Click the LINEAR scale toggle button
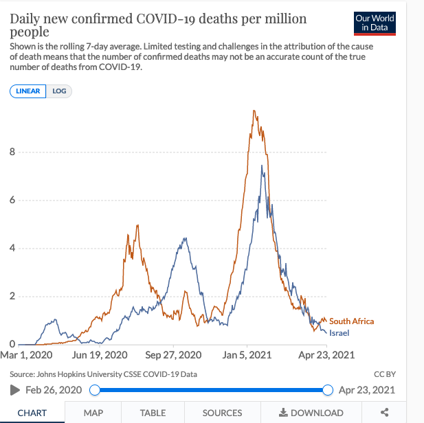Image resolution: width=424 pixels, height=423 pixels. point(28,91)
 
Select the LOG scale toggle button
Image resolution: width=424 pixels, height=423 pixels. point(59,91)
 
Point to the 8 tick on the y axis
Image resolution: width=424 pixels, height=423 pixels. point(12,152)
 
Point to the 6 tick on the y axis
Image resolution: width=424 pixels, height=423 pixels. point(12,201)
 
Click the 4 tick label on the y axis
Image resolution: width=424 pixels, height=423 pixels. point(12,248)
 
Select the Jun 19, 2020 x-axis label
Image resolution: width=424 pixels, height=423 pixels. point(100,356)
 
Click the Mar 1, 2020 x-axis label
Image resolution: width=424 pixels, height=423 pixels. point(27,356)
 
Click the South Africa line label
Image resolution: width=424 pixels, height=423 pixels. point(351,321)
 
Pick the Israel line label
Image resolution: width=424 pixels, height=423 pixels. point(340,333)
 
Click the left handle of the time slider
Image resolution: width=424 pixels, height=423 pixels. point(95,390)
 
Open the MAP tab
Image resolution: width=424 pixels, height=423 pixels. point(93,413)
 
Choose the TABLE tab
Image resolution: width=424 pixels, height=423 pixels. point(153,413)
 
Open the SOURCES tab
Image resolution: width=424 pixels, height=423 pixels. point(222,413)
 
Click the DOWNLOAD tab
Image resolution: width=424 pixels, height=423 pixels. point(311,413)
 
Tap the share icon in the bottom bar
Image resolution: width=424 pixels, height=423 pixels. point(385,413)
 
